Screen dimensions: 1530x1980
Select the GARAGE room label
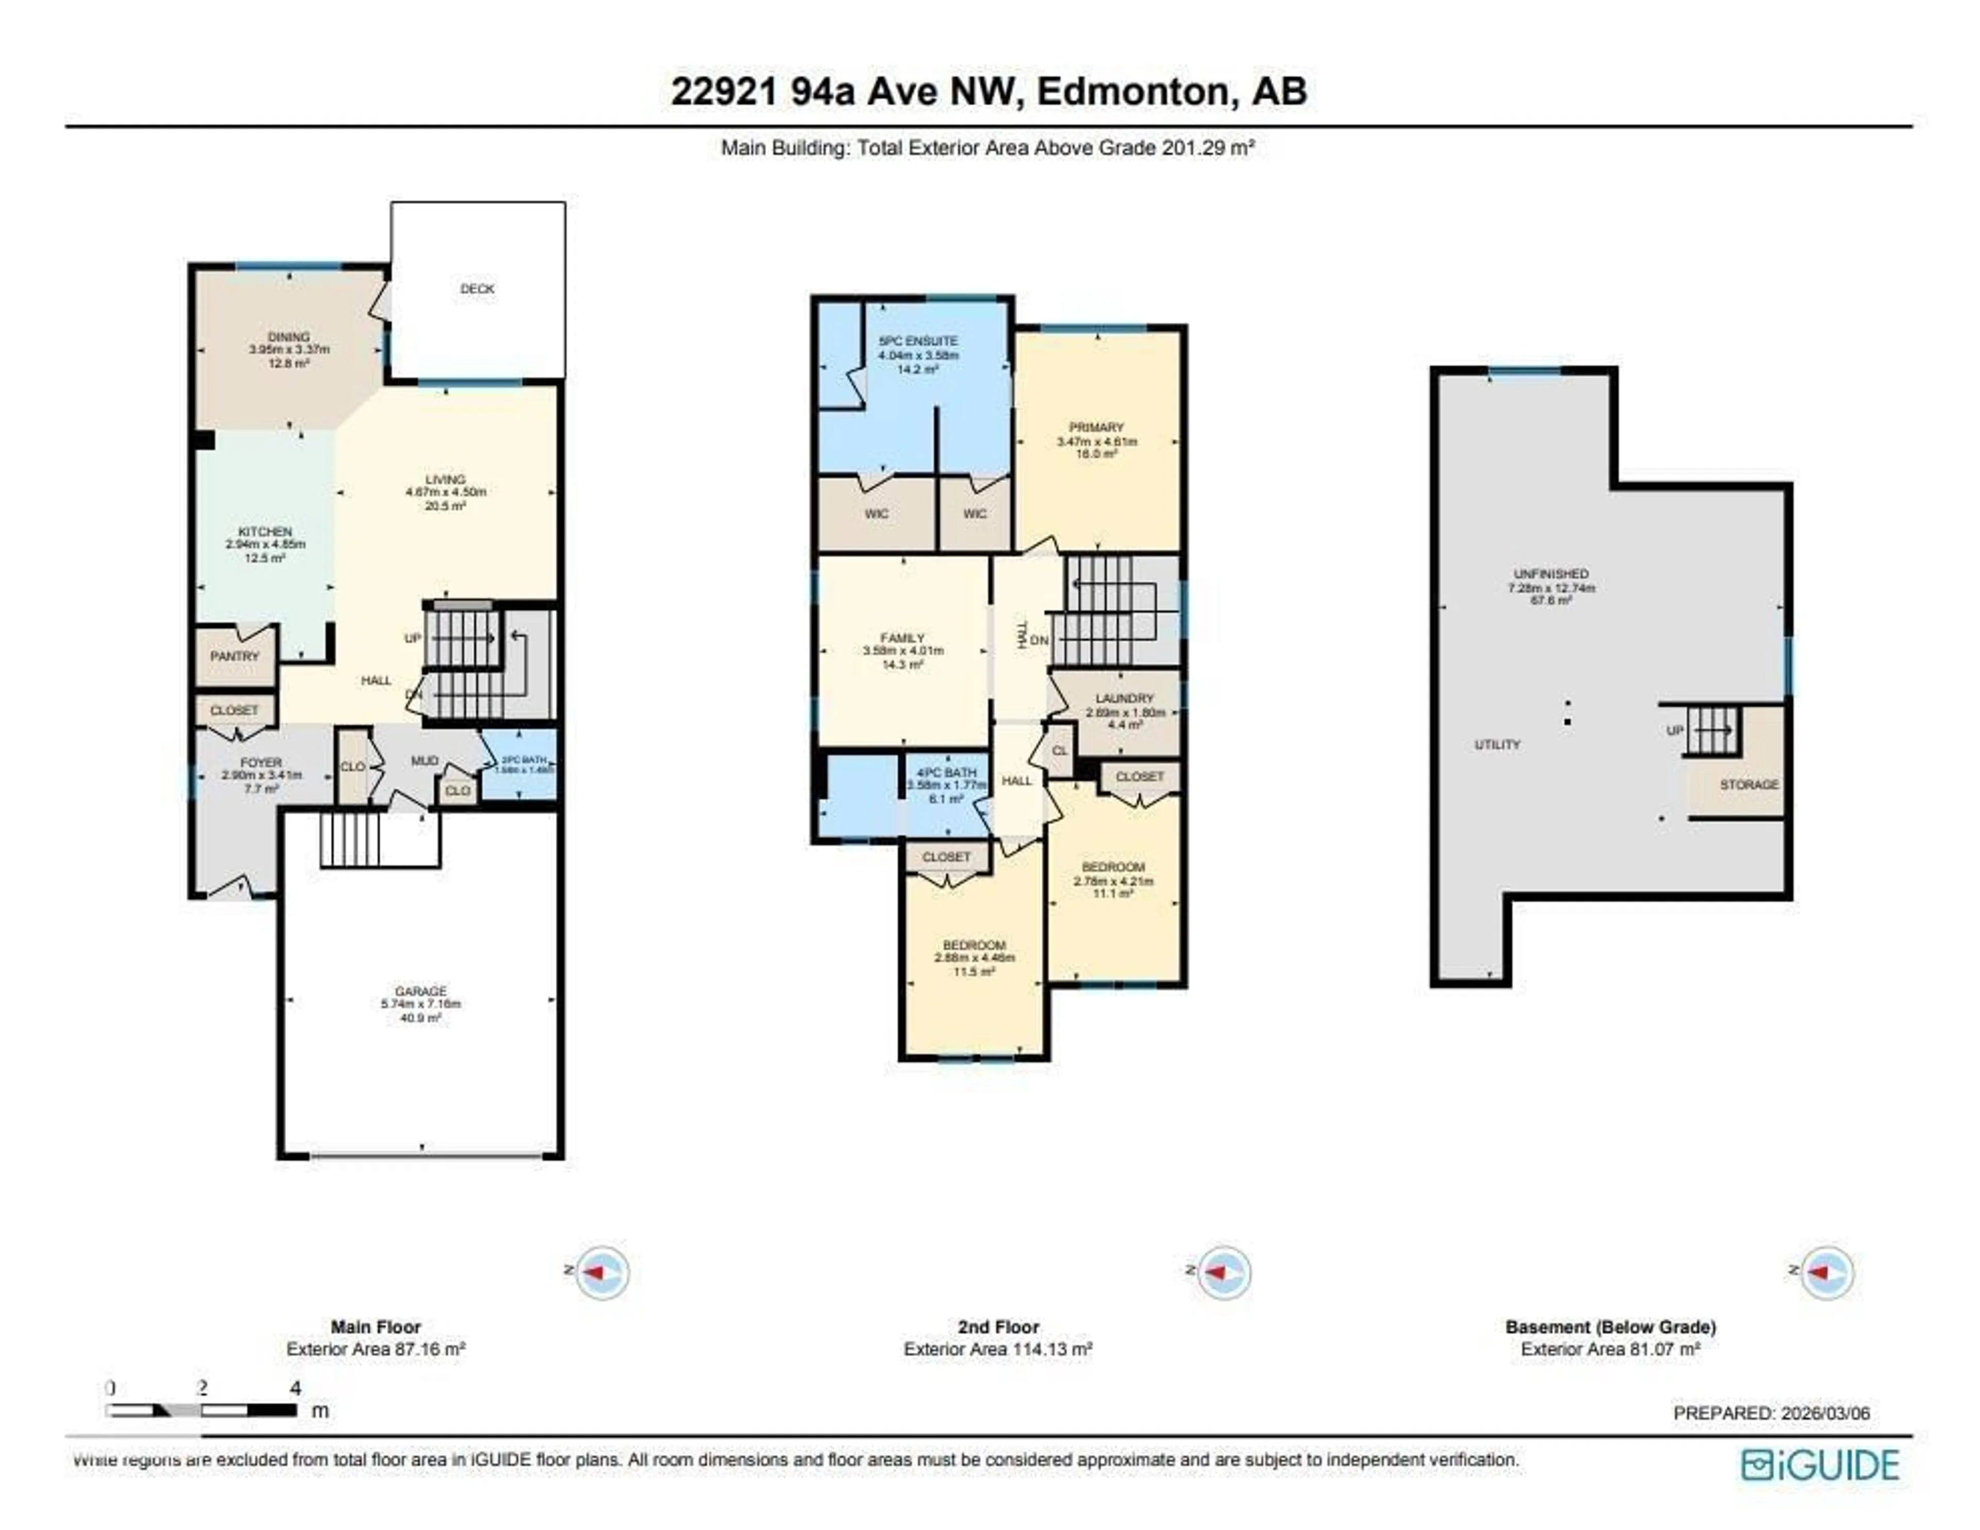(421, 991)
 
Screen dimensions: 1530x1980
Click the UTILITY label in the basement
(1497, 745)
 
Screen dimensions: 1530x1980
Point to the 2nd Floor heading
(998, 1327)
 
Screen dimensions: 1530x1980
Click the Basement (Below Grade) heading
(1610, 1327)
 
